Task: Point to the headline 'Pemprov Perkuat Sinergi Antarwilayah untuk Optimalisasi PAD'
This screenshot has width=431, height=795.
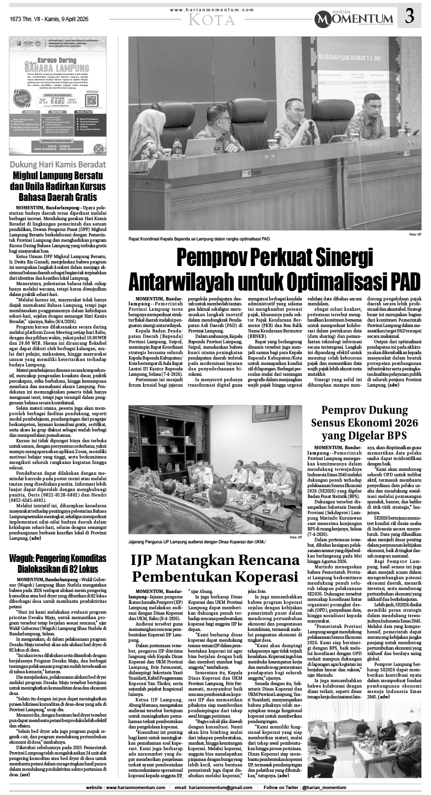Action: pos(275,269)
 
